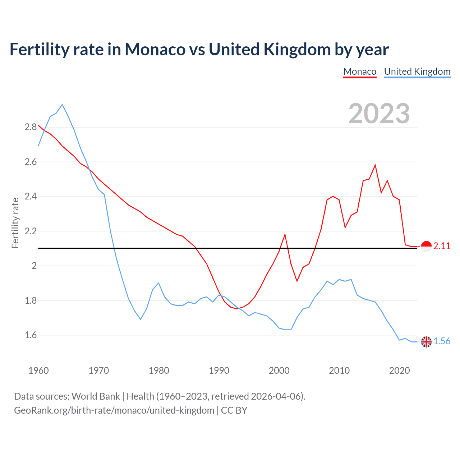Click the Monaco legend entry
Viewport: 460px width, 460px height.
[x=360, y=72]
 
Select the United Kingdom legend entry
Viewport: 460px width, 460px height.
[x=417, y=72]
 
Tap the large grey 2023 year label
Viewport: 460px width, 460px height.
[x=379, y=114]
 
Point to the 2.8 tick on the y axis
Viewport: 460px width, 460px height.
[x=31, y=127]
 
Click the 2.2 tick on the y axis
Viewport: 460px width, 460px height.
[x=31, y=231]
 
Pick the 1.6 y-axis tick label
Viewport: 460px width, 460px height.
[x=31, y=335]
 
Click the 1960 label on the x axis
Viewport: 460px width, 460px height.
[x=38, y=371]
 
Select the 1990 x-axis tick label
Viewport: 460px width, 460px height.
[x=219, y=371]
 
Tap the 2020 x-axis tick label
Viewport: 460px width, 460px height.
[x=399, y=371]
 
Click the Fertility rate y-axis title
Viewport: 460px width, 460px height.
[x=15, y=223]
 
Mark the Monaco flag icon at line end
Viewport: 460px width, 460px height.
[x=426, y=247]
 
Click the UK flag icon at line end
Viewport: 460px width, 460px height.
[x=426, y=342]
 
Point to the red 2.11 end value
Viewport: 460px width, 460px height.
[x=442, y=246]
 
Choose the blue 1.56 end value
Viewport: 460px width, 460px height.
[x=442, y=341]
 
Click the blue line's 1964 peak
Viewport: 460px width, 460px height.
[x=63, y=105]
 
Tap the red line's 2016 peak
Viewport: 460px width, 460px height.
[x=375, y=165]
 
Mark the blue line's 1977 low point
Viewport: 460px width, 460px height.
[x=141, y=319]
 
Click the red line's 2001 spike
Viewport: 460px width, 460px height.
[x=285, y=235]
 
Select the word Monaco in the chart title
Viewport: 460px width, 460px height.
[x=155, y=50]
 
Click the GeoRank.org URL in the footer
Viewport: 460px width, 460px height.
[x=114, y=410]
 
